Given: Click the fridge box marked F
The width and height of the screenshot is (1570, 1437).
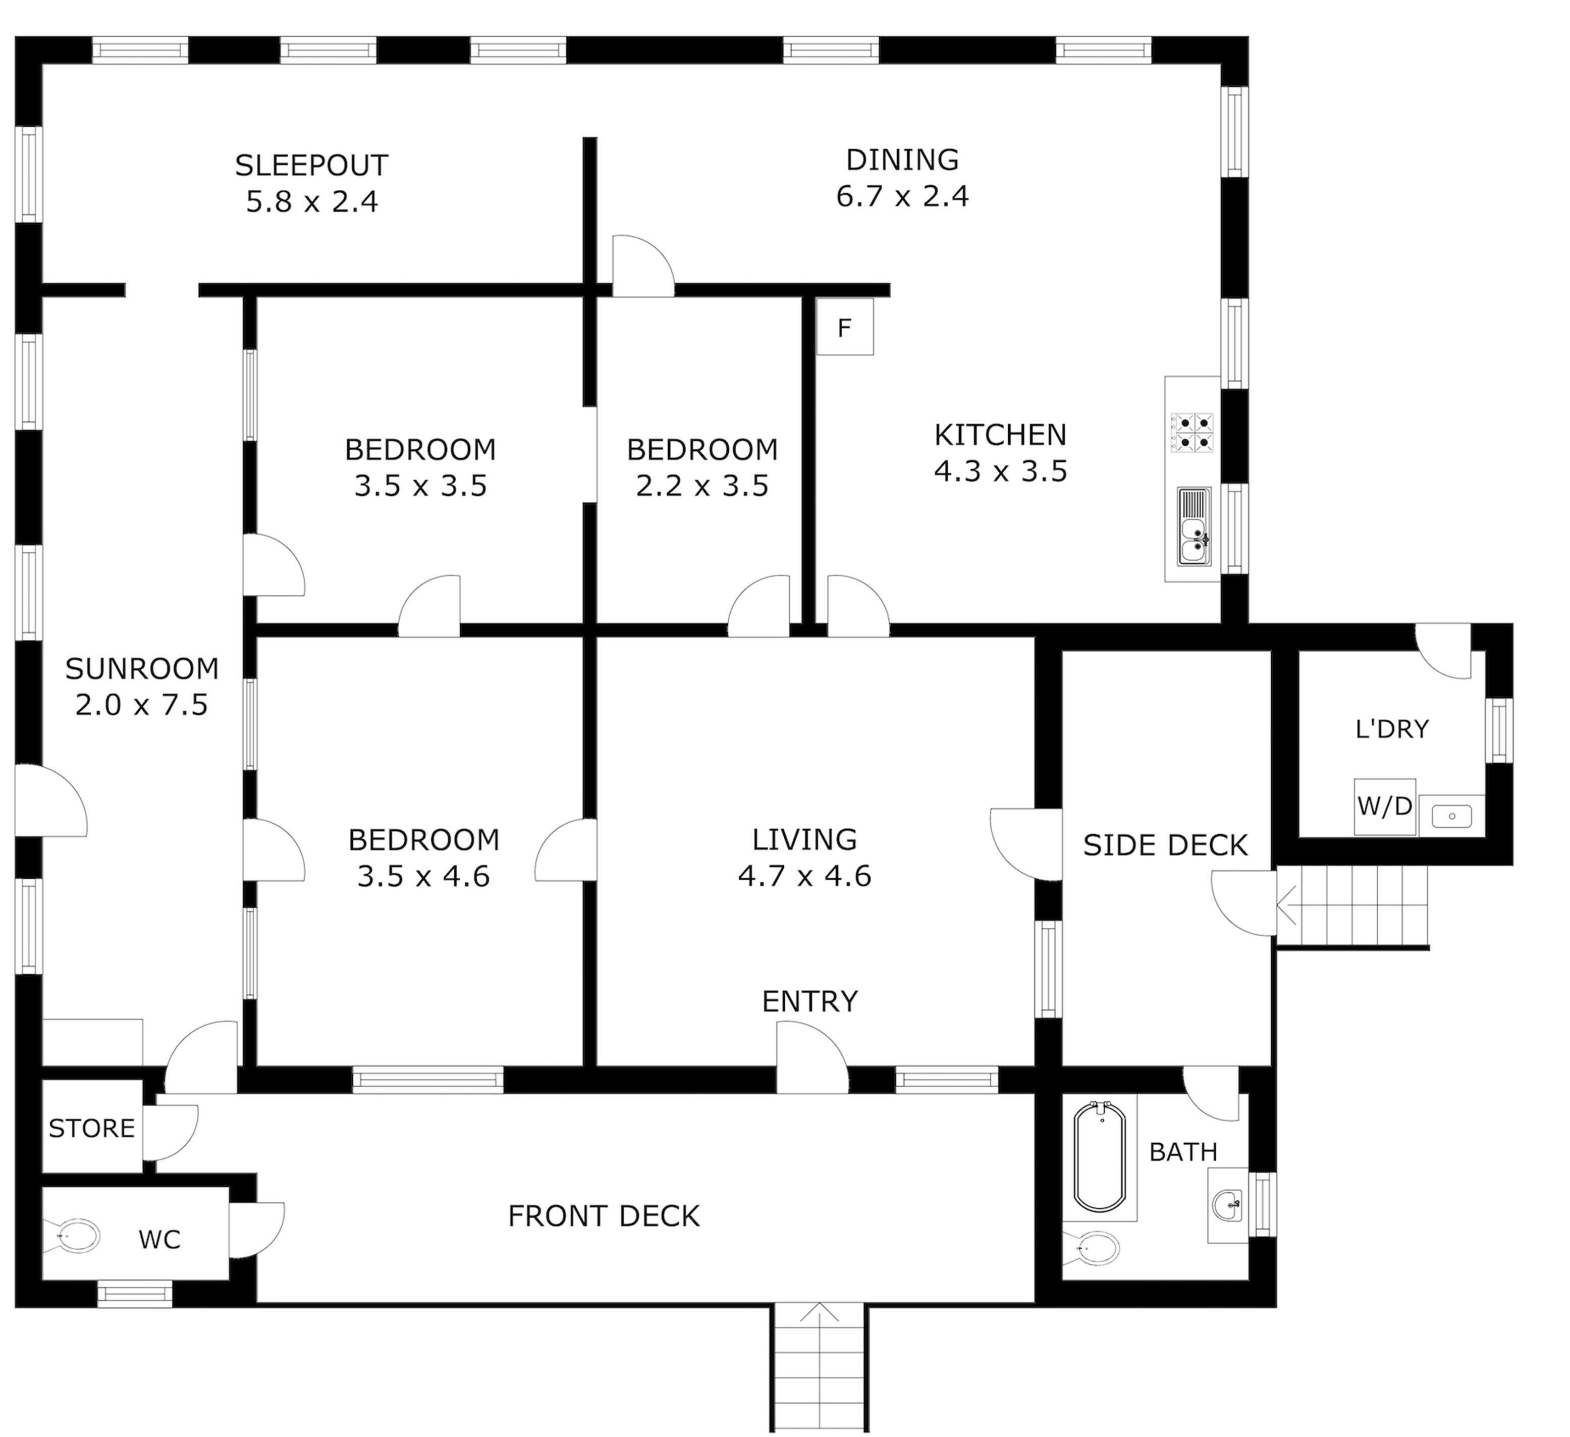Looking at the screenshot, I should pyautogui.click(x=844, y=327).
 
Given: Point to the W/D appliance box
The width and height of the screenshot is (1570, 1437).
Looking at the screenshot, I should pyautogui.click(x=1384, y=806).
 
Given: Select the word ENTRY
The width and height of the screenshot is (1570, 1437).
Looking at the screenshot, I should pyautogui.click(x=809, y=1001).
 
